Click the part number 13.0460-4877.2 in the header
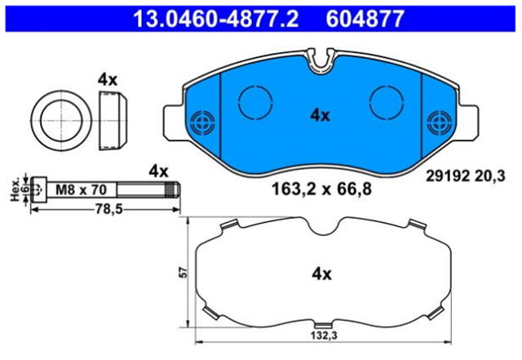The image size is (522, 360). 215,19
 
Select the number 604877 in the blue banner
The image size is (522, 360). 365,19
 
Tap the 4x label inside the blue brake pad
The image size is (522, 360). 320,116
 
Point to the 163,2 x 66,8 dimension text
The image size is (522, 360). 321,189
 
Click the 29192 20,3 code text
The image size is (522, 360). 466,176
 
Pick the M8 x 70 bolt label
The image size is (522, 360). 81,189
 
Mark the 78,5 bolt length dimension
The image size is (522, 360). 108,209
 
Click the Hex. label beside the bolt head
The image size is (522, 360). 15,191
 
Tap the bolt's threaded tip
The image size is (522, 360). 173,190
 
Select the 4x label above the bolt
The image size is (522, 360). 158,171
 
